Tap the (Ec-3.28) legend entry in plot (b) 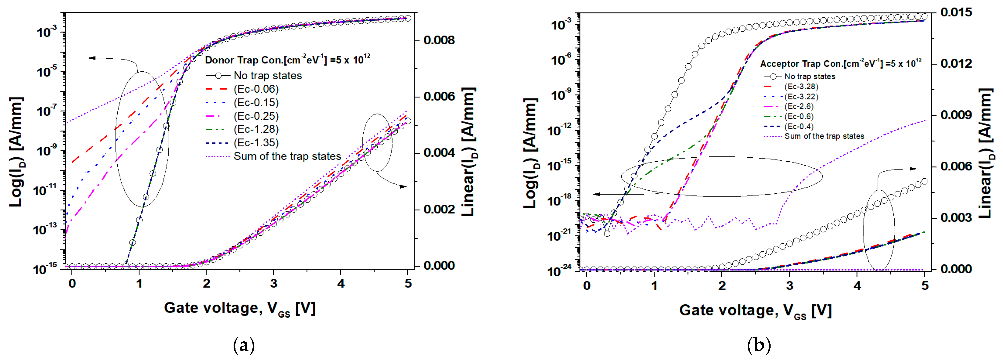[x=801, y=86]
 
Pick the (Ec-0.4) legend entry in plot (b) [x=799, y=127]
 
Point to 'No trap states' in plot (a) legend [x=268, y=75]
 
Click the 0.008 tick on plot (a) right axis [x=439, y=40]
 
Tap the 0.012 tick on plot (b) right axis [x=956, y=63]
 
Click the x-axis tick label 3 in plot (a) [x=274, y=283]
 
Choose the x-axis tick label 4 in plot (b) [x=857, y=286]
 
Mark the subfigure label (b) [x=759, y=345]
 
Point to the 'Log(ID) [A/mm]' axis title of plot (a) [x=16, y=152]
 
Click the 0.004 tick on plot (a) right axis [x=439, y=153]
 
